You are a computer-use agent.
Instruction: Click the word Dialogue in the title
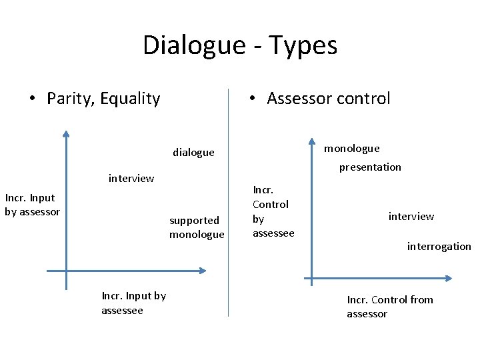194,45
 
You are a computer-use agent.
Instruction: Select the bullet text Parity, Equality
103,99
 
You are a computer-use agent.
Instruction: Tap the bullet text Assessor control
328,99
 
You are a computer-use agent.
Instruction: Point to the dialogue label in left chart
193,152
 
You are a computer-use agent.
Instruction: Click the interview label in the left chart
131,178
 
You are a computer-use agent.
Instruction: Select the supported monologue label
197,227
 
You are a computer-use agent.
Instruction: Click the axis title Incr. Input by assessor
32,205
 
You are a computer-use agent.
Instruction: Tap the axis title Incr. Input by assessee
133,303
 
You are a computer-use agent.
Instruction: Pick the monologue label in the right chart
351,148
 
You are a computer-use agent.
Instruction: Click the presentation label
370,167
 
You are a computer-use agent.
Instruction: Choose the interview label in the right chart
411,216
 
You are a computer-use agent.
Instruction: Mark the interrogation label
439,246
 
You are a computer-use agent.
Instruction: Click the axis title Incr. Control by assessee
273,211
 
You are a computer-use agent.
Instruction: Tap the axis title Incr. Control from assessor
389,307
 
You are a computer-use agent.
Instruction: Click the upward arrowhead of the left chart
66,133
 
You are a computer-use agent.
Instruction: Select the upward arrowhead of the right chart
311,141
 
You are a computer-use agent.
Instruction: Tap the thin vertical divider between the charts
228,200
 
